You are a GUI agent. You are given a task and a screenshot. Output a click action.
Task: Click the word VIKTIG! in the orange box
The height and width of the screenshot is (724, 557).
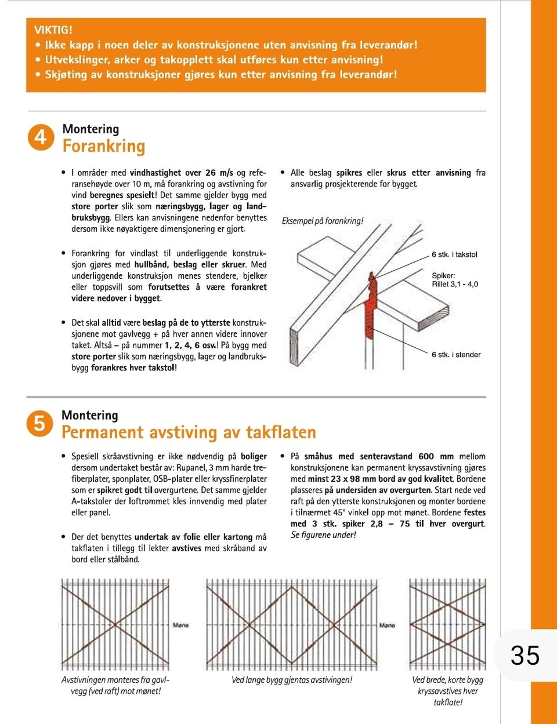tap(53, 30)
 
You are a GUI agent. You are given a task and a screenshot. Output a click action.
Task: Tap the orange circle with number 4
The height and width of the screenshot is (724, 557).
tap(41, 137)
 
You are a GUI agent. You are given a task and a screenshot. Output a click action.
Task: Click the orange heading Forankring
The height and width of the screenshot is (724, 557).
tap(103, 146)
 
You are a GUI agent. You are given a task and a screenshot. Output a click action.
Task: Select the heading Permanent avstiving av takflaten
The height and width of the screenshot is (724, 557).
tap(189, 432)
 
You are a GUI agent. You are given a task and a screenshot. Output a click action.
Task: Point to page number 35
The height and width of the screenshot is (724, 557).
tap(525, 656)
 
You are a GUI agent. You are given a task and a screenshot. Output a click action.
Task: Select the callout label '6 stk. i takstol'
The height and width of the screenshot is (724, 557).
tap(454, 254)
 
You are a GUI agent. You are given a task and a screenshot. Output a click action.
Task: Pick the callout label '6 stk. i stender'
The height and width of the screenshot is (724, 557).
tap(456, 355)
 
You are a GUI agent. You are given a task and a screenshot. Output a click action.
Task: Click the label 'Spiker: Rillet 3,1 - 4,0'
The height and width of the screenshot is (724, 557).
tap(455, 280)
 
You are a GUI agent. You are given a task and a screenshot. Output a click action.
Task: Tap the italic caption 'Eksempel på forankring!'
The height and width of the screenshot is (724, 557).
tap(323, 221)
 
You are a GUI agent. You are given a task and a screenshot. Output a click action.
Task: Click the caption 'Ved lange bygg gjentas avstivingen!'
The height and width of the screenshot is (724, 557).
tap(292, 680)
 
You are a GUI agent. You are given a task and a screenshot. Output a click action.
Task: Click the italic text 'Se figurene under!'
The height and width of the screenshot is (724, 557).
tap(323, 535)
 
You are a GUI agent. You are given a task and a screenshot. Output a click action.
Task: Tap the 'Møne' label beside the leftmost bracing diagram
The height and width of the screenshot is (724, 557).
tap(180, 625)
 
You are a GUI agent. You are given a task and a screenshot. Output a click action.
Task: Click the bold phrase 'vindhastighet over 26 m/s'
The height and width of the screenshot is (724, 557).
tap(182, 173)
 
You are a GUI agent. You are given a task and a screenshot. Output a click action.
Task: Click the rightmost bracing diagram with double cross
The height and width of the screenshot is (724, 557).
tap(447, 624)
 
